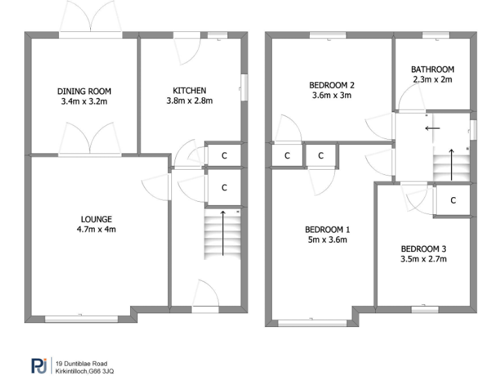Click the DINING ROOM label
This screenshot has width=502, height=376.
(84, 91)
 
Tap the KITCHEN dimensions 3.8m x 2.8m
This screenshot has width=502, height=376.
(190, 101)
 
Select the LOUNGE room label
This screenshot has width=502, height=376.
(96, 219)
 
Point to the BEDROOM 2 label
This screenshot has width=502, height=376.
(331, 85)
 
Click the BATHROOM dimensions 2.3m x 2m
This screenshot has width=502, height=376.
(432, 79)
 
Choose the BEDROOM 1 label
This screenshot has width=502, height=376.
(327, 229)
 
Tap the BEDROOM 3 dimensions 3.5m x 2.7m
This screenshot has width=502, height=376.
(424, 258)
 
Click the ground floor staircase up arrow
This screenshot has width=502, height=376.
(224, 232)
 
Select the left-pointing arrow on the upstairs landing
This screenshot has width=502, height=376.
(432, 129)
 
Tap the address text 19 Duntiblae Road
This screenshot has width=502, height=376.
(81, 363)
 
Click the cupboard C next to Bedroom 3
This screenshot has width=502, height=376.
(453, 200)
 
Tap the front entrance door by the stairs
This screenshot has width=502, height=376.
(205, 295)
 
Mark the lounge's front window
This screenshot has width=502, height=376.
(81, 319)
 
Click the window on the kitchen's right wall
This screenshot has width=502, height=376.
(244, 87)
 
